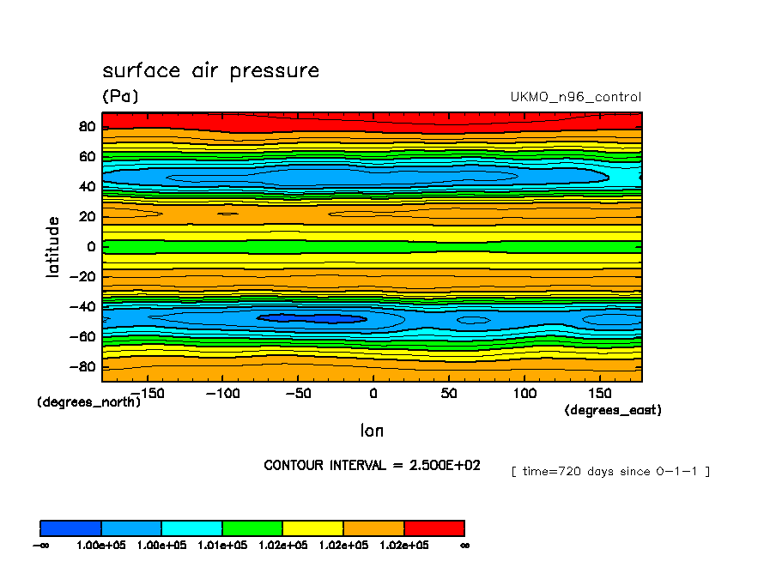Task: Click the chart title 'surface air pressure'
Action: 210,70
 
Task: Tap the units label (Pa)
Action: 120,97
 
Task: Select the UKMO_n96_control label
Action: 575,97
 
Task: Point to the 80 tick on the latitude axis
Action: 86,127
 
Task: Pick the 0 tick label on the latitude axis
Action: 90,247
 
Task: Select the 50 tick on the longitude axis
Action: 448,393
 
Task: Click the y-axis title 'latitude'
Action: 53,246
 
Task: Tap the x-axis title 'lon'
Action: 372,431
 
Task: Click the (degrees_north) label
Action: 88,401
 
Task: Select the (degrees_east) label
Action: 612,410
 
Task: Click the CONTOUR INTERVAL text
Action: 372,465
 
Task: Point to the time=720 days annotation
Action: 610,471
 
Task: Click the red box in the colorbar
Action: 433,528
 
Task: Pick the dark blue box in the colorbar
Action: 70,528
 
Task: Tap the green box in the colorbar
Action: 252,528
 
